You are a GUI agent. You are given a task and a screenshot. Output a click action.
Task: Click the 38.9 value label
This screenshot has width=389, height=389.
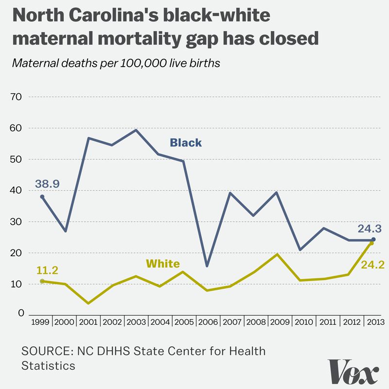point(48,184)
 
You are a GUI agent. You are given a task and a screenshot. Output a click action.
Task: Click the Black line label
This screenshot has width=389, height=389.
point(185,143)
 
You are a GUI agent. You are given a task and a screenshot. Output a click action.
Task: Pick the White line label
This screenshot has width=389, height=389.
point(163,265)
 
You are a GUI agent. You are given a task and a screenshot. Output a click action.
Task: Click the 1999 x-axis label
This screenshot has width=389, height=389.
point(41,322)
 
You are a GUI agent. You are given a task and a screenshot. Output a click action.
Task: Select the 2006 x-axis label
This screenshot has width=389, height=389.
point(209,322)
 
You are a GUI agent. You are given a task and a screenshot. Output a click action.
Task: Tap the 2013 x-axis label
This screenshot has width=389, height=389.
point(375,322)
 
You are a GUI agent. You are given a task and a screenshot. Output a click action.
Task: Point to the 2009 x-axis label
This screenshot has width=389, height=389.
point(280,322)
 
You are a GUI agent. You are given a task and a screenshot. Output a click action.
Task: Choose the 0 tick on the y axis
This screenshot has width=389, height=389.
point(21,314)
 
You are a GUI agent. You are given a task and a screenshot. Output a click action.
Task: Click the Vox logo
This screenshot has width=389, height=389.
point(354,372)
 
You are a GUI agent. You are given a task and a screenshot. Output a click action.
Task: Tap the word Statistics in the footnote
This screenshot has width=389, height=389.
point(48,366)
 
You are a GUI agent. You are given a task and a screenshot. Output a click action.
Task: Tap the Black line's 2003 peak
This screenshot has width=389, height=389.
point(136,130)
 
